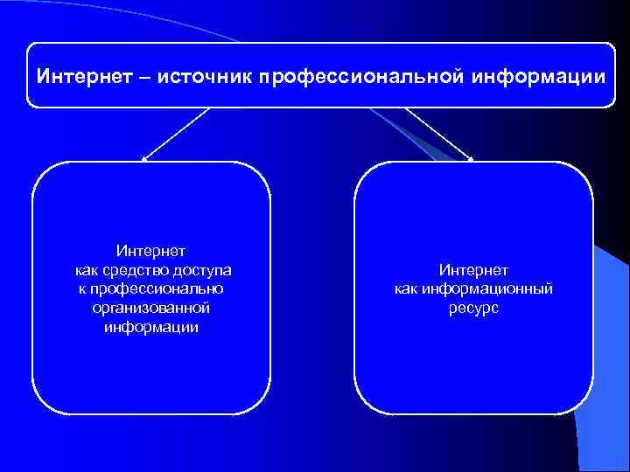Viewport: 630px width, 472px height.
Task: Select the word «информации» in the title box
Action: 537,77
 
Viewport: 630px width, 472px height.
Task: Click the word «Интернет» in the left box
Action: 150,253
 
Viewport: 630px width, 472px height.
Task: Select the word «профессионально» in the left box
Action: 157,289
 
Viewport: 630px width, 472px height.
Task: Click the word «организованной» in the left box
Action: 150,308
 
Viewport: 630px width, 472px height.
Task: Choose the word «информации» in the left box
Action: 150,327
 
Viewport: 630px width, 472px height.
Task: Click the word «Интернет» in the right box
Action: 473,271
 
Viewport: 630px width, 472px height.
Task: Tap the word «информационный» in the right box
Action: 487,289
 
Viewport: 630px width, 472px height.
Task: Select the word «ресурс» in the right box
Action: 473,309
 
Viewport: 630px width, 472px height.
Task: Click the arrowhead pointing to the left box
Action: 144,159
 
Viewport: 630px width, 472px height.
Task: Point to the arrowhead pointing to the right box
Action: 470,159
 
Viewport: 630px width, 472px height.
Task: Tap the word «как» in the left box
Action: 88,271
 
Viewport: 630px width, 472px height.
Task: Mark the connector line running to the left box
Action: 178,133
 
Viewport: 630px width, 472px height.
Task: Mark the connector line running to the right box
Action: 437,133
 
